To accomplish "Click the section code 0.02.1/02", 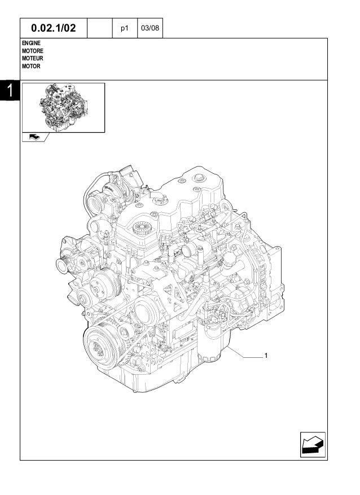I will point(54,28).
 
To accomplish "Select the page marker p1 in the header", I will point(125,28).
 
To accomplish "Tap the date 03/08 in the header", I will point(150,28).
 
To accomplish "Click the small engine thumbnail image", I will point(63,107).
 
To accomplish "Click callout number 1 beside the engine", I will point(265,356).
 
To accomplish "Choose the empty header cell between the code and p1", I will point(100,28).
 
